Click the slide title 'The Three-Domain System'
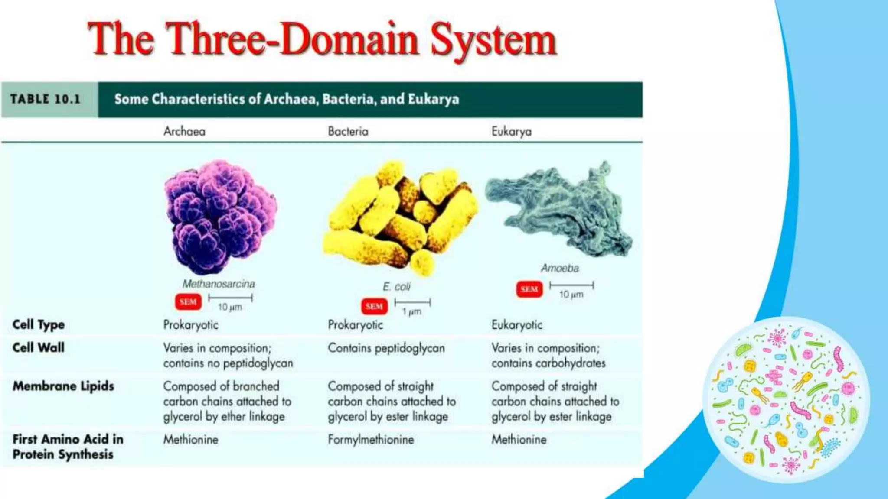pyautogui.click(x=322, y=40)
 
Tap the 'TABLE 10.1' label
pyautogui.click(x=46, y=99)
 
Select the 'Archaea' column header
pyautogui.click(x=184, y=131)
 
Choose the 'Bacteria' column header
pyautogui.click(x=348, y=131)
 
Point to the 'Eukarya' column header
pyautogui.click(x=511, y=131)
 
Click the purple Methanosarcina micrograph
pyautogui.click(x=220, y=217)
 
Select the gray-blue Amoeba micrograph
pyautogui.click(x=559, y=208)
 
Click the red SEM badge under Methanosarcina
pyautogui.click(x=188, y=302)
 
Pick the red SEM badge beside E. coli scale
pyautogui.click(x=374, y=307)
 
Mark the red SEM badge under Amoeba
pyautogui.click(x=529, y=289)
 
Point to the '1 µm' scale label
pyautogui.click(x=411, y=312)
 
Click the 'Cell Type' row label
pyautogui.click(x=39, y=324)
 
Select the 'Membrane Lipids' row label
pyautogui.click(x=63, y=386)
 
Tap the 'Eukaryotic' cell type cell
pyautogui.click(x=517, y=325)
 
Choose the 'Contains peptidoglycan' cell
pyautogui.click(x=386, y=348)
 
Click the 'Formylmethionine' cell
pyautogui.click(x=371, y=440)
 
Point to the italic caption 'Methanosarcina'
pyautogui.click(x=219, y=284)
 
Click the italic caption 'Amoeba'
pyautogui.click(x=559, y=269)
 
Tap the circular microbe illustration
pyautogui.click(x=786, y=399)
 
